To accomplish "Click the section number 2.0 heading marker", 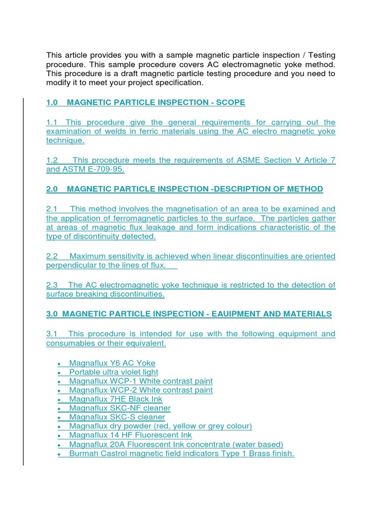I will point(52,189).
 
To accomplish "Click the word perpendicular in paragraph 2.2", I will point(70,265).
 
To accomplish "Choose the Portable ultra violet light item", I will point(113,372).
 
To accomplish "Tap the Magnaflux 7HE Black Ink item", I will point(115,399).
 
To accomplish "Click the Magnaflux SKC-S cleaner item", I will point(117,417).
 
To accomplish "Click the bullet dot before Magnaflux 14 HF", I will point(60,436).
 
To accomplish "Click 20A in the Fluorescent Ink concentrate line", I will point(117,444).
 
